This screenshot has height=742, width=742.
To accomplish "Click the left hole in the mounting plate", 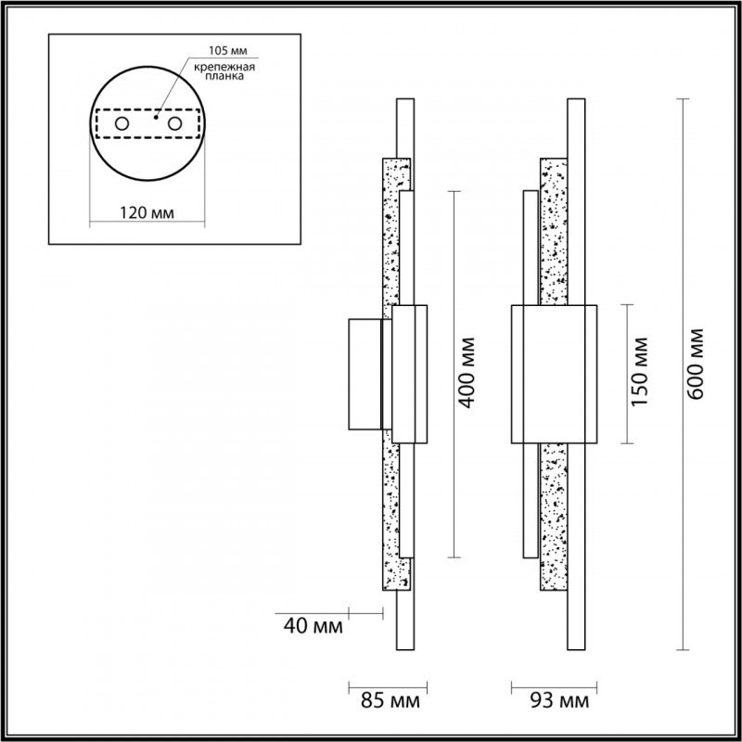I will click(122, 123).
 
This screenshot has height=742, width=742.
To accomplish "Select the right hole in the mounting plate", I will click(173, 123).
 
